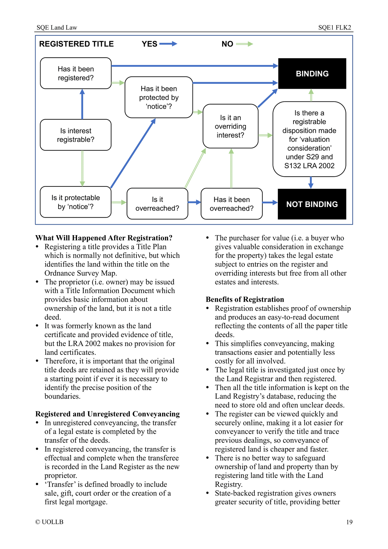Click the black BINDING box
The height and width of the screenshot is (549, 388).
pos(312,74)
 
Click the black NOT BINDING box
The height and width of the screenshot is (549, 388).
pos(312,204)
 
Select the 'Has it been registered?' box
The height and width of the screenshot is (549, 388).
pos(76,73)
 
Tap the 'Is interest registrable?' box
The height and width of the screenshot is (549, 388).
pos(76,135)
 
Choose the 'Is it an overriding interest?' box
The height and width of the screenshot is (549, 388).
pos(230,126)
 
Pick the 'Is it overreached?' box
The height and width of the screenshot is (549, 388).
pos(157,204)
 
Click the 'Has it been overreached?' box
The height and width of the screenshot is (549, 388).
pos(231,204)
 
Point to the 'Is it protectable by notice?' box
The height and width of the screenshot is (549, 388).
pos(76,202)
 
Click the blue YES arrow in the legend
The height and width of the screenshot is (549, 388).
pos(168,44)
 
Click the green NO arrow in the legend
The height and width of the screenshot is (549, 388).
pos(244,44)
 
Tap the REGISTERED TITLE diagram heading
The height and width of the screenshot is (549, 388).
pos(77,44)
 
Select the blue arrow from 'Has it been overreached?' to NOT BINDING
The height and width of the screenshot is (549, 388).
pos(270,202)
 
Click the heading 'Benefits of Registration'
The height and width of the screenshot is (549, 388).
pos(245,299)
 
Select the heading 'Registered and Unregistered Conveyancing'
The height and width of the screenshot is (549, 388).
pos(107,414)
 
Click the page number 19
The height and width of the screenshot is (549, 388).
pos(349,522)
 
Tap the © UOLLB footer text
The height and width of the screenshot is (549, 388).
pos(49,522)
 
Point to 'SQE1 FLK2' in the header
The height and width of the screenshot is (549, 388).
pos(335,27)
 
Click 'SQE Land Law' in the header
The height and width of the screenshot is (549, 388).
pos(57,27)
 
